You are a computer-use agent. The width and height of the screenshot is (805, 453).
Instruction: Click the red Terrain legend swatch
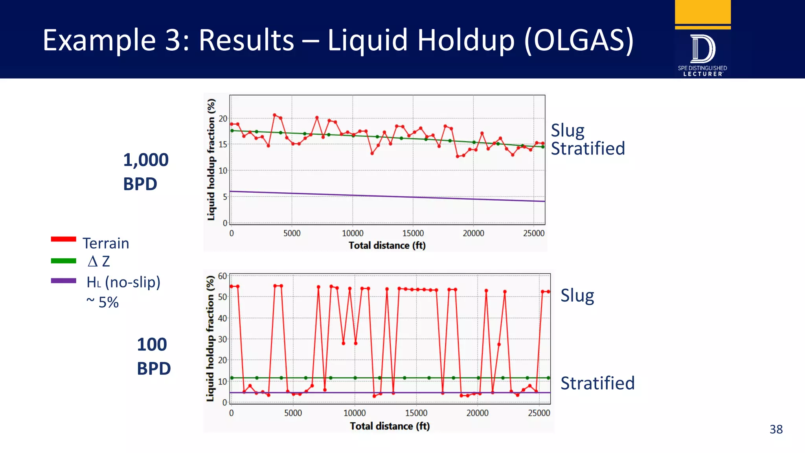[x=63, y=239]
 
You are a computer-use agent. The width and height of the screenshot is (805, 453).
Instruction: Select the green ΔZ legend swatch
[x=63, y=261]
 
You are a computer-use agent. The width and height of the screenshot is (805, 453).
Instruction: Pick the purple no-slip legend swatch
[x=63, y=281]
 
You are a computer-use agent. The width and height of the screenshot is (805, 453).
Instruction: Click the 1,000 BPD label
[x=145, y=172]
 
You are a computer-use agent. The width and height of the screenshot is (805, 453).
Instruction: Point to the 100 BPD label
[x=153, y=356]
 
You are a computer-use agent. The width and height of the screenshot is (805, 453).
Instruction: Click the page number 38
[x=776, y=429]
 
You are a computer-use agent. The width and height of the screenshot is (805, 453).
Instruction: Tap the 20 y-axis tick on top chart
[x=223, y=118]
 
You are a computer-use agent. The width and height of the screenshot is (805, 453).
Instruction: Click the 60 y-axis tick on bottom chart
[x=222, y=276]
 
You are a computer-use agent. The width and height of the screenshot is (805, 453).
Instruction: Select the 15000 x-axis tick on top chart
[x=413, y=233]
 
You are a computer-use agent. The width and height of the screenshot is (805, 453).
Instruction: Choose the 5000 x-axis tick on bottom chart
[x=293, y=413]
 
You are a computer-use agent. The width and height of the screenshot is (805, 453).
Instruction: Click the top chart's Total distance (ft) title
[x=387, y=245]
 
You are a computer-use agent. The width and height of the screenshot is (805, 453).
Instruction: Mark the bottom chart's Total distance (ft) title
[x=390, y=426]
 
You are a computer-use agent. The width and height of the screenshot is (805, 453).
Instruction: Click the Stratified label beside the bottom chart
[x=597, y=383]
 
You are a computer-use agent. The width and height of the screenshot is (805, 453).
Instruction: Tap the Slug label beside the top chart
[x=567, y=131]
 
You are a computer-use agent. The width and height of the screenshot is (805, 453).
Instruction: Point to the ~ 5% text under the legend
[x=102, y=302]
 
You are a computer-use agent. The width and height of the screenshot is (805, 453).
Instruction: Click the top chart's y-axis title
[x=211, y=159]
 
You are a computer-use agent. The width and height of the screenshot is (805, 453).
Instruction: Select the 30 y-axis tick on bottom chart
[x=222, y=339]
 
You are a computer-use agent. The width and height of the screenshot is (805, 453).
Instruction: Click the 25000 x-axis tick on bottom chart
[x=539, y=413]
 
